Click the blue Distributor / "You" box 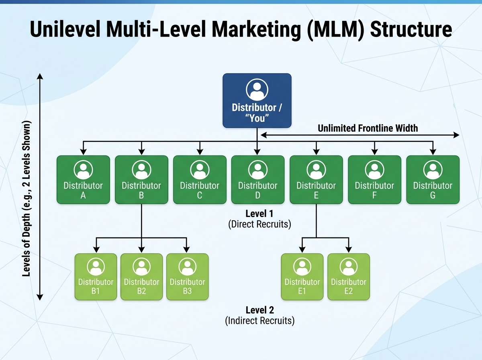pos(257,100)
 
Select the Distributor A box pos(83,180)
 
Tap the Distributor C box pos(200,180)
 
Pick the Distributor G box pos(433,180)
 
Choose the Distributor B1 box pos(96,277)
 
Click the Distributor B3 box pos(187,277)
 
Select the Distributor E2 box pos(348,277)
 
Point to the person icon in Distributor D pos(257,170)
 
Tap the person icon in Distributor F pos(374,170)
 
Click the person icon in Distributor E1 pos(302,266)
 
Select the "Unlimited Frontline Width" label pos(368,128)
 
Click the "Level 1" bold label pos(259,213)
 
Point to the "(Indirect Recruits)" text pos(259,321)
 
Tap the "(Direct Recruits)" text pos(259,224)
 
